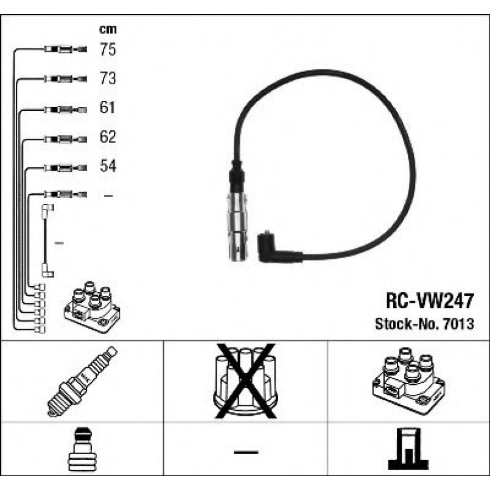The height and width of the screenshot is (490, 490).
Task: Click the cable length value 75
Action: pos(108,49)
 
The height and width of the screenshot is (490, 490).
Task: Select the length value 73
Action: pos(108,78)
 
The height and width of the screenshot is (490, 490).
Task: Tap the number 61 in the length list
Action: pos(107,108)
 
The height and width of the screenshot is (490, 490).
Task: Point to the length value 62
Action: pos(108,136)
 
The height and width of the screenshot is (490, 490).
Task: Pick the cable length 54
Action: pos(108,166)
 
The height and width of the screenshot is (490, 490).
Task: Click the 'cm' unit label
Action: pos(108,29)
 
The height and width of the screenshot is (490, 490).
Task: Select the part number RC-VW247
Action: pos(430,301)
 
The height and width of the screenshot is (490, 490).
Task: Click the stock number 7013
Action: pos(459,324)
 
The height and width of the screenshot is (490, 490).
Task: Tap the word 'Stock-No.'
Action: pos(407,324)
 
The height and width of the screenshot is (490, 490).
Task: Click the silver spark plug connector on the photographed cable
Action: pos(237,226)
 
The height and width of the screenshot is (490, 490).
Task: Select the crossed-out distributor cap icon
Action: pos(245,381)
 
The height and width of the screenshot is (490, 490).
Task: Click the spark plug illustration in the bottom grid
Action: pos(82,381)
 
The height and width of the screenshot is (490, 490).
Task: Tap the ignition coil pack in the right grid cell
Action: pos(408,380)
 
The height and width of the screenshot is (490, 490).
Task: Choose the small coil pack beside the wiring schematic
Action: pos(92,307)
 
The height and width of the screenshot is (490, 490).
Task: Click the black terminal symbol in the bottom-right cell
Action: pos(408,449)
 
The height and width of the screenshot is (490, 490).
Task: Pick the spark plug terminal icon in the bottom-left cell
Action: pos(82,449)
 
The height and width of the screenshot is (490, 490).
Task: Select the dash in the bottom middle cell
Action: pos(246,452)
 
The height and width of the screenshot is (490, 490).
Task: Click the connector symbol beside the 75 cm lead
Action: pos(65,49)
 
